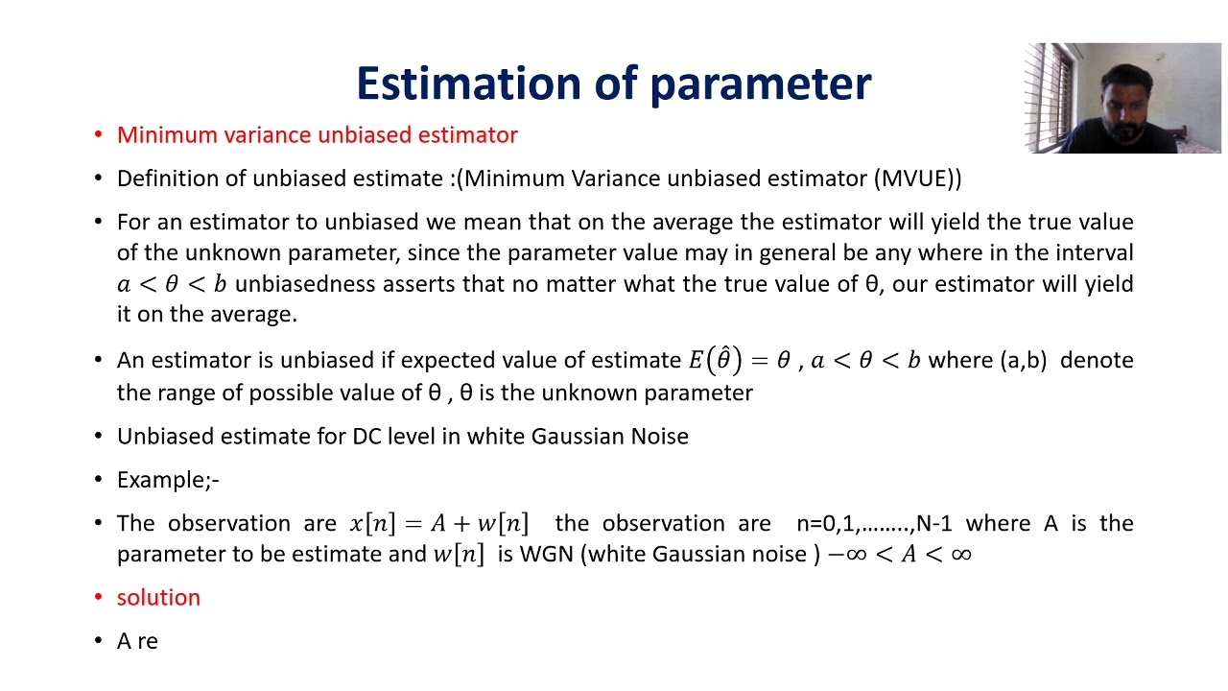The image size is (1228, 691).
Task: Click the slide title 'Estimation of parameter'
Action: click(613, 83)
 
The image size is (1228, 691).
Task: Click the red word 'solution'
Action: click(158, 597)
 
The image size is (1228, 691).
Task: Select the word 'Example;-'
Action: click(168, 480)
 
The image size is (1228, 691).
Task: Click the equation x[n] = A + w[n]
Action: click(438, 524)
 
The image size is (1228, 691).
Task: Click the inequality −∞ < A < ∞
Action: click(899, 555)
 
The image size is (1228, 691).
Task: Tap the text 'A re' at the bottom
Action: click(137, 641)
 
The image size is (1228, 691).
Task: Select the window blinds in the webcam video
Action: click(1050, 96)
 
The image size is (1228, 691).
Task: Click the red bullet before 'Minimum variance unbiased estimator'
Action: click(98, 135)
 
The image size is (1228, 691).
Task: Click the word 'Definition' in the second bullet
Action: click(169, 179)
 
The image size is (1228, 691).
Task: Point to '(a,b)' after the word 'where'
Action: click(1023, 361)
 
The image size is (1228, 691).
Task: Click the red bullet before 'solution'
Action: click(98, 597)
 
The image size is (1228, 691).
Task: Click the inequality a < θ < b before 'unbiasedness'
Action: click(172, 285)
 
